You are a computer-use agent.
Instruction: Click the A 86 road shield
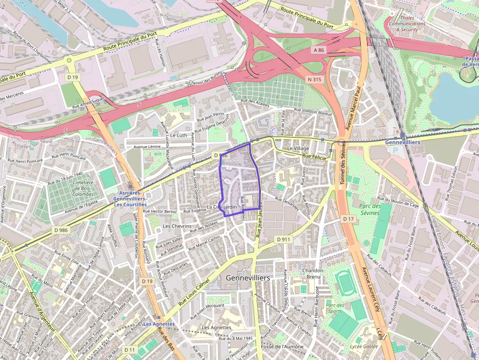coord(318,50)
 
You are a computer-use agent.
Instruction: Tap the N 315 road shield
coord(314,79)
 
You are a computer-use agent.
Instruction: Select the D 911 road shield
coord(283,239)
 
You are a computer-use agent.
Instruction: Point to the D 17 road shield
coord(348,219)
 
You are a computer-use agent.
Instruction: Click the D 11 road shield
coord(130,350)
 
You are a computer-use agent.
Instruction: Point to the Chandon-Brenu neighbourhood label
coord(313,274)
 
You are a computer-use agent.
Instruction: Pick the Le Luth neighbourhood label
coord(178,135)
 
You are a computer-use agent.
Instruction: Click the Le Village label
coord(298,148)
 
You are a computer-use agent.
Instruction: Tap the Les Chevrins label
coord(177,226)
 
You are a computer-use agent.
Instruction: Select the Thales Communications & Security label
coord(407,23)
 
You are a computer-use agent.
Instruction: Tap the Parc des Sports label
coord(334,307)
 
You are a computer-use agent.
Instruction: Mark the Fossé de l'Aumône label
coord(283,346)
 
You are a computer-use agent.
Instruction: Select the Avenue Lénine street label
coord(147,146)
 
